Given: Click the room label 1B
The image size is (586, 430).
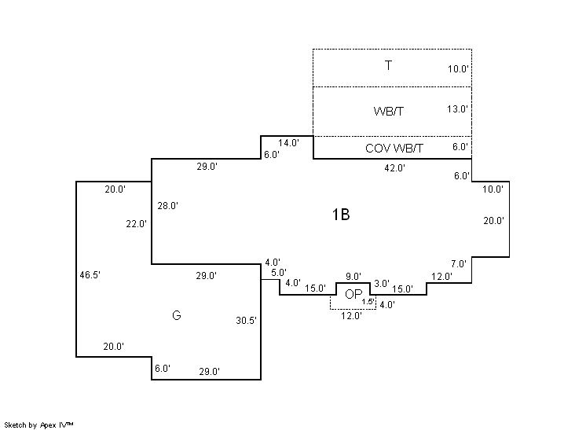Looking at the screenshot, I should point(341,214).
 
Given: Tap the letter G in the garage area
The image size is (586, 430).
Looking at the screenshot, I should point(176,315).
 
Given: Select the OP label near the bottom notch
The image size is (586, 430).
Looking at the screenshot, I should point(353,295).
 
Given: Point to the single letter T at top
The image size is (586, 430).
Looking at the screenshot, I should point(388,65).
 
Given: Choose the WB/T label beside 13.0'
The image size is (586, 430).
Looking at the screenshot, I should point(389,111).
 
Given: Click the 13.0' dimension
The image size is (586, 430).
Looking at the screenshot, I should point(458,109).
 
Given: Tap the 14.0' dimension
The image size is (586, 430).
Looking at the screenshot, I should point(289,143).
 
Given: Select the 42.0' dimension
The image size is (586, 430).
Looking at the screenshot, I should point(394,167).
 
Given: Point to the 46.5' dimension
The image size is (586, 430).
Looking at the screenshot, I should point(90,275).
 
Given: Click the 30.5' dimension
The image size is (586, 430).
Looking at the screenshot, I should point(247,321).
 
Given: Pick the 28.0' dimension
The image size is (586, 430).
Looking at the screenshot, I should point(168,206).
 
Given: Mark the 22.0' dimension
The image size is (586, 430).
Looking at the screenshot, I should point(136,224).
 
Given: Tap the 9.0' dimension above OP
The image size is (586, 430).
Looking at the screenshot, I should point(353,276).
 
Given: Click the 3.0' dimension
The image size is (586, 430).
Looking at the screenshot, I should point(382,283).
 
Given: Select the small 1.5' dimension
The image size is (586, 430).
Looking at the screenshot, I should point(368,302).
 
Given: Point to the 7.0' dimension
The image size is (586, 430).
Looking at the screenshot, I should point(459,264).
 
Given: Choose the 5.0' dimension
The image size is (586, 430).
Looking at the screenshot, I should point(279,273).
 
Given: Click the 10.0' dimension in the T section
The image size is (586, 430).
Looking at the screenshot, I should point(458,69).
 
